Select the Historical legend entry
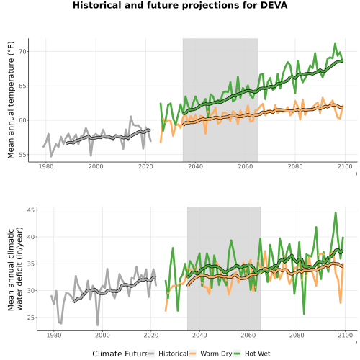(x=168, y=354)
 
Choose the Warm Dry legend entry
(x=211, y=354)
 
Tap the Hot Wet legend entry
(x=252, y=354)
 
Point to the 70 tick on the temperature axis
(x=23, y=52)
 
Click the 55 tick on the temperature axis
(x=23, y=155)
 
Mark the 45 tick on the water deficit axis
(x=32, y=210)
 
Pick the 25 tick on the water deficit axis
(x=32, y=318)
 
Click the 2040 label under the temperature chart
(x=195, y=166)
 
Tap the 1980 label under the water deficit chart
(x=53, y=335)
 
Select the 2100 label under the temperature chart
(x=345, y=166)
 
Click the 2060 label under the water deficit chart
(x=248, y=335)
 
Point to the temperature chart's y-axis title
(x=11, y=100)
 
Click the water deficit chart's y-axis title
(x=15, y=269)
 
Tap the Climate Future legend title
(x=120, y=354)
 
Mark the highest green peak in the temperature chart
(x=335, y=44)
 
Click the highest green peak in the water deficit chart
(x=336, y=212)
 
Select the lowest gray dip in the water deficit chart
(x=98, y=325)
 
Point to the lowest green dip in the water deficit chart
(x=304, y=314)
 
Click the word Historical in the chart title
(x=97, y=5)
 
